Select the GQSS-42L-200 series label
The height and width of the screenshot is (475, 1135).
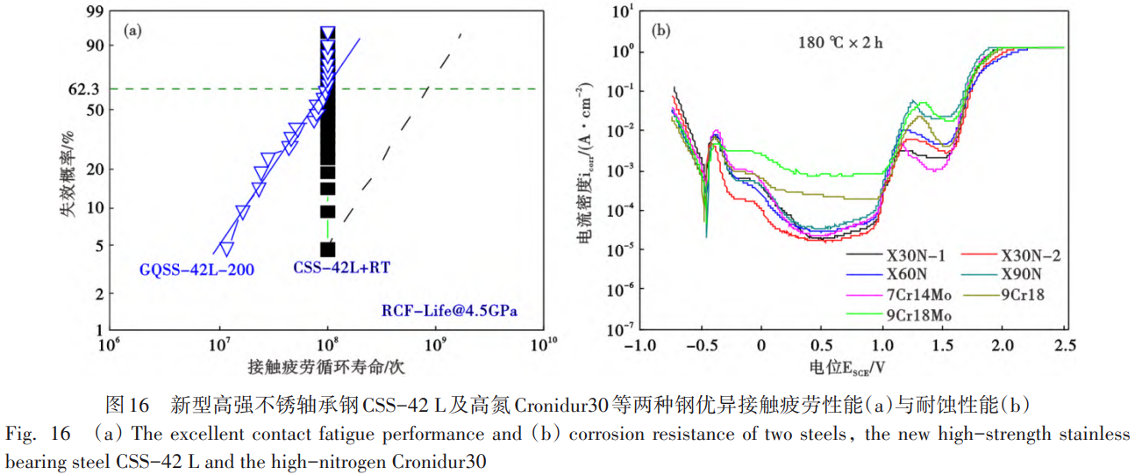(x=196, y=270)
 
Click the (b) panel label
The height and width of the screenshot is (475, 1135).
(x=661, y=31)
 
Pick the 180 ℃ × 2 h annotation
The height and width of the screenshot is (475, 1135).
(x=839, y=41)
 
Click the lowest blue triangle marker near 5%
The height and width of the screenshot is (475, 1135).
(x=226, y=248)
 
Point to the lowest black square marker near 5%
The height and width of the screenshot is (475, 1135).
(x=327, y=249)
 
